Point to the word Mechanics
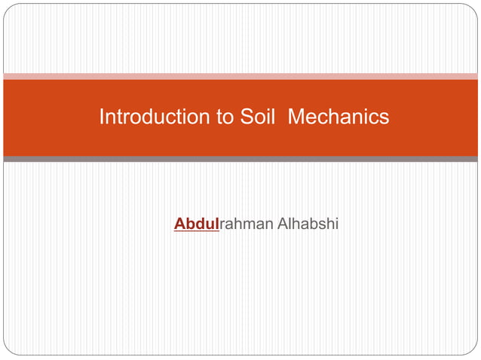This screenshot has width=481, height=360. (339, 117)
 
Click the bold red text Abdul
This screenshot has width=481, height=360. (196, 224)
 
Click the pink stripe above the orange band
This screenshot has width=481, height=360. (240, 76)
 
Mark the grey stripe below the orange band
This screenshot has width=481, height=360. (240, 159)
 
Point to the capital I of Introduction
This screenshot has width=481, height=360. (102, 117)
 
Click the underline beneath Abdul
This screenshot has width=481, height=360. (196, 231)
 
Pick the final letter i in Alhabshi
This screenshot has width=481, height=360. (337, 224)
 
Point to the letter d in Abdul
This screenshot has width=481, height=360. (201, 224)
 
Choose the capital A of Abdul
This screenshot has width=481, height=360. (180, 224)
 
